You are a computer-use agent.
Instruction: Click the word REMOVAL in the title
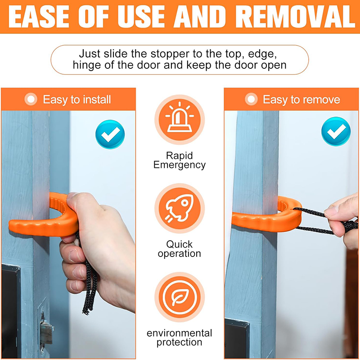(x=296, y=16)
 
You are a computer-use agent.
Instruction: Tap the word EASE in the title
(x=39, y=16)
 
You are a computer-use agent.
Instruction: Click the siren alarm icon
(x=180, y=119)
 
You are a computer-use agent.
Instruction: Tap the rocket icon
(x=180, y=208)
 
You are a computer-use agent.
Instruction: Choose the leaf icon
(x=180, y=297)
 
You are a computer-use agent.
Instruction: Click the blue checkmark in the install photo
(x=110, y=134)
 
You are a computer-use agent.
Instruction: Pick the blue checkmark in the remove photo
(x=336, y=131)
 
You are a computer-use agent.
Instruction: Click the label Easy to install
(x=77, y=99)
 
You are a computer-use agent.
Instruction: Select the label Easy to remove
(x=301, y=99)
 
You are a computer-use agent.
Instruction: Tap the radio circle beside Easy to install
(x=31, y=99)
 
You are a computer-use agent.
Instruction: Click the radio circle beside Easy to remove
(x=251, y=99)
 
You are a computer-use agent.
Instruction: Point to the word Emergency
(x=180, y=165)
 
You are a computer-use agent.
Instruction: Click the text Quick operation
(x=180, y=249)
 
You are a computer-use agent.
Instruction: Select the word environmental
(x=180, y=333)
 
